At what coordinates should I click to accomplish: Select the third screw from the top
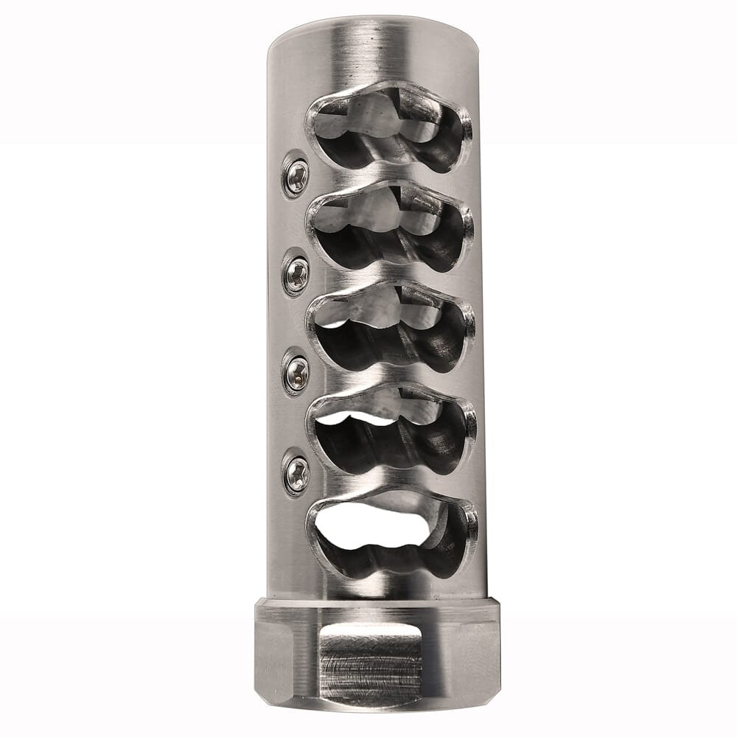[296, 374]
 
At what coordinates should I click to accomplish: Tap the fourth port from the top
[391, 430]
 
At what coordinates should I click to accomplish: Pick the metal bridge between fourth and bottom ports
[391, 483]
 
